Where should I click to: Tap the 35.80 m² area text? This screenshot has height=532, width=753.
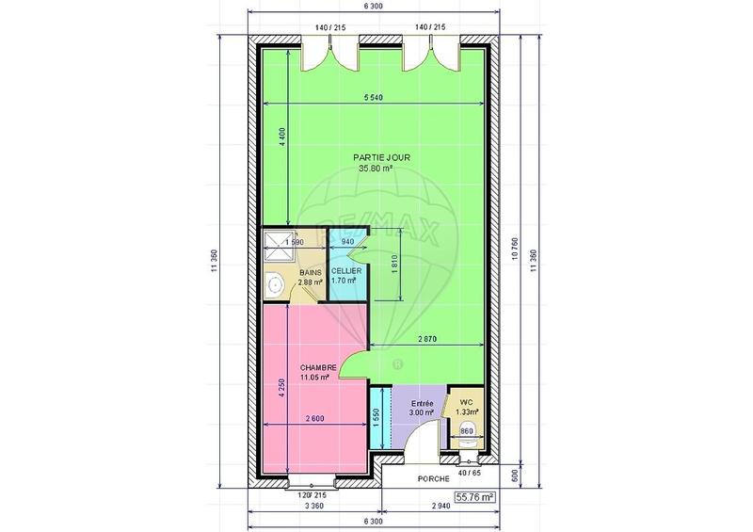(x=376, y=169)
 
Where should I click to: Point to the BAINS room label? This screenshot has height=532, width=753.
(x=283, y=271)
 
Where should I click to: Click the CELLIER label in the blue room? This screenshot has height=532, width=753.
(x=345, y=271)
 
